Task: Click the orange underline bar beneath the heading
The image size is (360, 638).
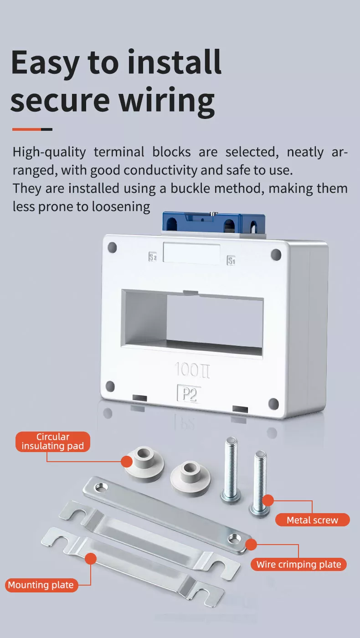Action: tap(27, 129)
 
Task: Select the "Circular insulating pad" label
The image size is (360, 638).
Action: tap(53, 442)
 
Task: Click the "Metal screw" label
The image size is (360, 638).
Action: tap(312, 520)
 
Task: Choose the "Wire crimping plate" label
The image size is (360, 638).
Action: tap(298, 565)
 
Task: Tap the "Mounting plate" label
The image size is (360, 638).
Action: tap(41, 585)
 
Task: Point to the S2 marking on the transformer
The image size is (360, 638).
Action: tap(153, 257)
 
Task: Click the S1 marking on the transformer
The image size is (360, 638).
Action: tap(231, 261)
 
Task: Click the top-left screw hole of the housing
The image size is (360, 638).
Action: tap(112, 248)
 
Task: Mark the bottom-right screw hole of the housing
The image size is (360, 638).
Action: tap(273, 403)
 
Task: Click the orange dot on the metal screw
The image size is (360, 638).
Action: tap(268, 500)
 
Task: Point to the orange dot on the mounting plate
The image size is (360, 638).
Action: tap(91, 559)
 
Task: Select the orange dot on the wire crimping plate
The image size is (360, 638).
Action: tap(251, 544)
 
